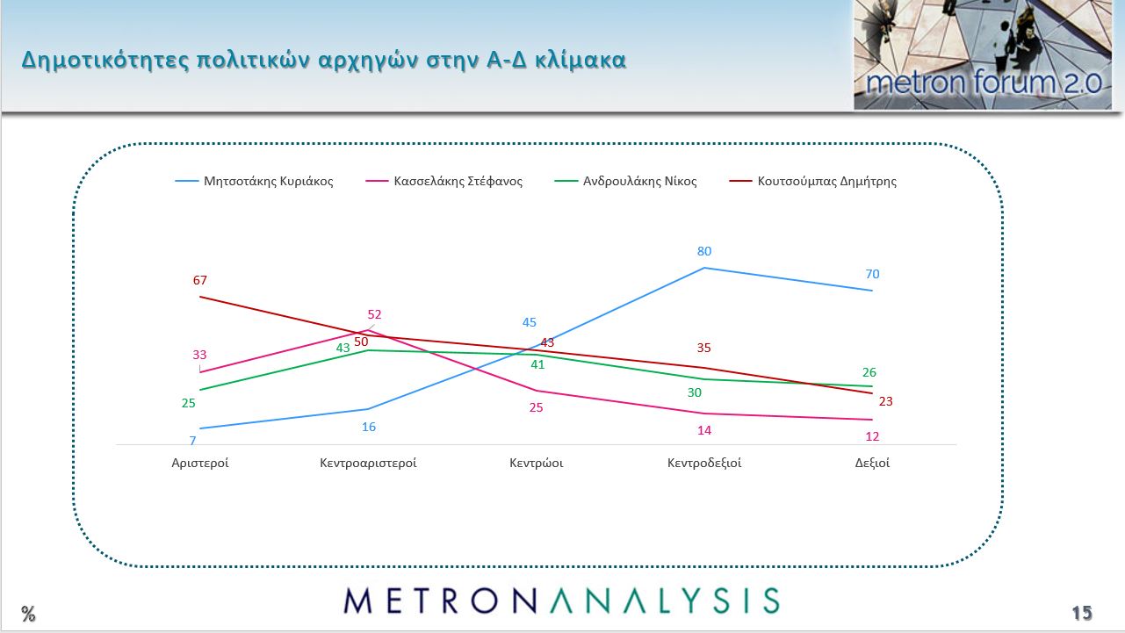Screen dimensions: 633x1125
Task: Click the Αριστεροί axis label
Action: (x=200, y=463)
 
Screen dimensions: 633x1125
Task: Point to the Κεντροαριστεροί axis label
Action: (x=368, y=463)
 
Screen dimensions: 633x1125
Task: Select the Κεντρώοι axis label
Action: (x=536, y=463)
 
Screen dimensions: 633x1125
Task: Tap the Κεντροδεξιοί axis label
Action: (x=704, y=463)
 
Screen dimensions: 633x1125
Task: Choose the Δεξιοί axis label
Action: (x=872, y=463)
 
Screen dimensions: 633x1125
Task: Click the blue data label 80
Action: (x=704, y=251)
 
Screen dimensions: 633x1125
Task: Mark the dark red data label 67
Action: (x=200, y=280)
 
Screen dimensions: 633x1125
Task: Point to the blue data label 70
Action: (x=872, y=274)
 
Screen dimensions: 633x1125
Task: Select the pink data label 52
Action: (x=375, y=314)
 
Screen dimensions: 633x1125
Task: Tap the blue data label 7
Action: (x=192, y=440)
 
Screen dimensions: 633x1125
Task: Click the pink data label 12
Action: (x=872, y=436)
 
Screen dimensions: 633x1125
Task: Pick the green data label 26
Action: (x=869, y=372)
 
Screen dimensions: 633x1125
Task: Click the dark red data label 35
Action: (x=703, y=348)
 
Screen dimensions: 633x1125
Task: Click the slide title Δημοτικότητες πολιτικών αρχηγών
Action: (x=324, y=61)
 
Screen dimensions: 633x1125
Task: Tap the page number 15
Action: (x=1081, y=613)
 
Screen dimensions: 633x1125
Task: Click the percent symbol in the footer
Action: (x=29, y=614)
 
